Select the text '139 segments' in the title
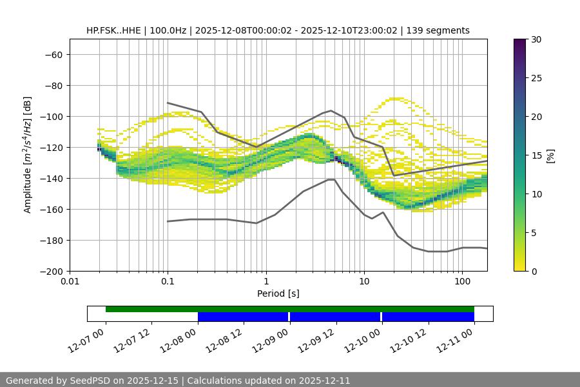tap(442, 30)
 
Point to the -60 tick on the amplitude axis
tap(53, 54)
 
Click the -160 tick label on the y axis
tap(50, 209)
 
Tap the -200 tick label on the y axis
tap(50, 271)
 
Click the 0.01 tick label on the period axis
tap(70, 282)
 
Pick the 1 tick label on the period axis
tap(266, 282)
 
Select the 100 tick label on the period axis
tap(462, 282)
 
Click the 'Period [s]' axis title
tap(278, 293)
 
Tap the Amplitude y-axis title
tap(28, 155)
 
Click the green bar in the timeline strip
tap(290, 309)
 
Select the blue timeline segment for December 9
tap(335, 317)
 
